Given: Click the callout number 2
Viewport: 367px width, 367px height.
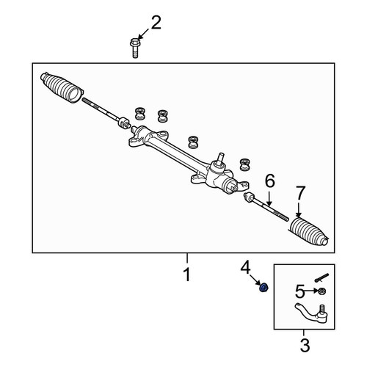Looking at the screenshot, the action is (156, 23).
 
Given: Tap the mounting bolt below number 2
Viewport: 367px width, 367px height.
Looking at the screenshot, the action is (134, 48).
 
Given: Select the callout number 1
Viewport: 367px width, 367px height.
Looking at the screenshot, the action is (187, 275).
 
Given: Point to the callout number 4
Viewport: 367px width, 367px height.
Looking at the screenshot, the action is (245, 267).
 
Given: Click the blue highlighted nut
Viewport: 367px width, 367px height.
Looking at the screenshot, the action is (264, 288).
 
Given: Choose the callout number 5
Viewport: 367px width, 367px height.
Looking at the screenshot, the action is (300, 291).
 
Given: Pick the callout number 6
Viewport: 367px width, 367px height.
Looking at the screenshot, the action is (270, 181).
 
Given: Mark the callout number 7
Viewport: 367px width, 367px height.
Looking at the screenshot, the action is (301, 193).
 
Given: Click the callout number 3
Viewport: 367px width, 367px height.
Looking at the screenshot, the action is (305, 345).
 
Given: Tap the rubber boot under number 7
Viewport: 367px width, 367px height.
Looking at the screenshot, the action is (309, 231).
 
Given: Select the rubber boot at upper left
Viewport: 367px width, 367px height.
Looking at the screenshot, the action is (62, 87).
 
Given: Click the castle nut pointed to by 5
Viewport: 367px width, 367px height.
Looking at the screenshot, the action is (321, 291).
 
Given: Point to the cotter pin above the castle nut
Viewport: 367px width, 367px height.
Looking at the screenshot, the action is (321, 278).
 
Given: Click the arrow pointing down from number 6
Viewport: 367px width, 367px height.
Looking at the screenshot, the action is (269, 198).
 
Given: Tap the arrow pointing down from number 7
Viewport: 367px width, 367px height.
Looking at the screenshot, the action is (298, 210).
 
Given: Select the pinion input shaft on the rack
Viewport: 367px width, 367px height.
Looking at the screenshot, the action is (221, 159).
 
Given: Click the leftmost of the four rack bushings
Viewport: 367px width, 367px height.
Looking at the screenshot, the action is (139, 113).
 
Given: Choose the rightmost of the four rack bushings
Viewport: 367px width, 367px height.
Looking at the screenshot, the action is (244, 164).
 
